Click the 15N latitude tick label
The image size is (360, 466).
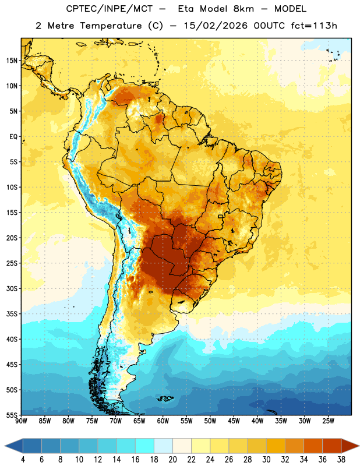click(x=12, y=61)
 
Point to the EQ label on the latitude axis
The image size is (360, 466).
click(x=13, y=137)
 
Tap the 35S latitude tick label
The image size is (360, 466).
click(x=12, y=314)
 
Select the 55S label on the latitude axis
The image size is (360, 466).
click(x=12, y=415)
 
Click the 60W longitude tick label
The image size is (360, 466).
click(x=163, y=421)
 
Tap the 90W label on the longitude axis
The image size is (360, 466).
click(x=21, y=421)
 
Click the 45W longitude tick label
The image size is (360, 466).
click(x=234, y=421)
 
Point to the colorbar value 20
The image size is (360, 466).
click(x=172, y=460)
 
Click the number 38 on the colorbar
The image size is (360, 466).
click(x=341, y=460)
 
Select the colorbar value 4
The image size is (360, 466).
click(x=23, y=460)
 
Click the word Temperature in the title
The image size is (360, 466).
click(x=111, y=26)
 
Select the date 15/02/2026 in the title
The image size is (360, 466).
click(x=216, y=26)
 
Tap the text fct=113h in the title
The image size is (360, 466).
click(x=314, y=26)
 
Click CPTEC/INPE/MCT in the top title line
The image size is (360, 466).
click(x=110, y=9)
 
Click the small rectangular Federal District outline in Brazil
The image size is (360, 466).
click(x=221, y=216)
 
